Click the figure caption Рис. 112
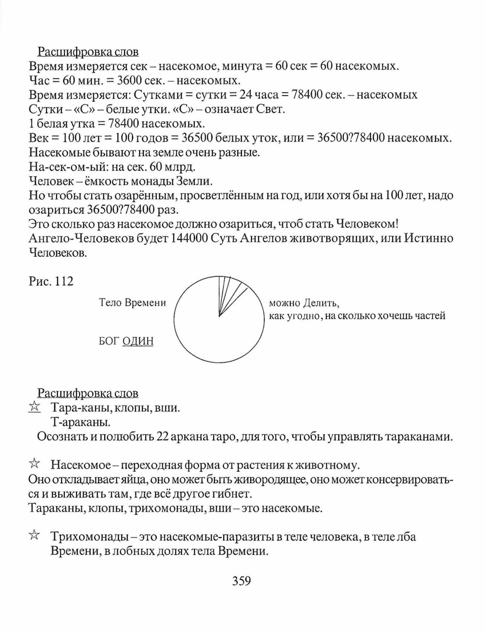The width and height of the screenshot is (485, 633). tap(51, 281)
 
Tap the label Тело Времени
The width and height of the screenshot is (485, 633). tap(132, 303)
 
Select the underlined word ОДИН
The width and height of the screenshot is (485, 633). tap(138, 341)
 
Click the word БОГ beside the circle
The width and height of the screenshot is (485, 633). tap(108, 341)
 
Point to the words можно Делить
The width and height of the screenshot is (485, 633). tap(304, 303)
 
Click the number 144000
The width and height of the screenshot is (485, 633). tap(189, 238)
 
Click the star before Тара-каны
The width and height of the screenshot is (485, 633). tap(34, 407)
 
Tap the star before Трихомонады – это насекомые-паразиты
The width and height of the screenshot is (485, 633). tap(34, 536)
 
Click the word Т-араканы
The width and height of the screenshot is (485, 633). tap(80, 422)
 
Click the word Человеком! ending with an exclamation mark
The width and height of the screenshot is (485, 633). tap(367, 224)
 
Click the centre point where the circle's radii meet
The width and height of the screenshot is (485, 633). tap(219, 316)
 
